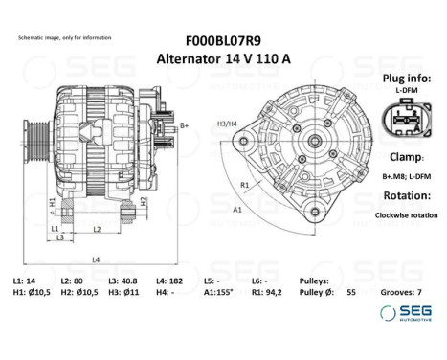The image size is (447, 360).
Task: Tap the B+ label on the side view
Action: tap(185, 125)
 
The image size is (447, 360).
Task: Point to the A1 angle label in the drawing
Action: tap(236, 208)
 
